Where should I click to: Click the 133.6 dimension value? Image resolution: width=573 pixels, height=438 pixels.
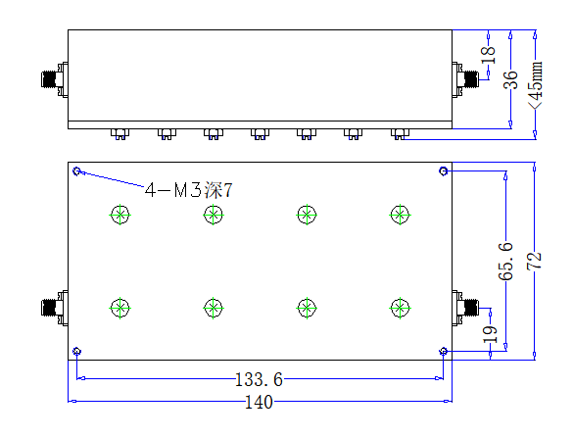pos(259,379)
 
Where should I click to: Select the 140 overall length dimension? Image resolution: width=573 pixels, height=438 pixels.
pos(259,402)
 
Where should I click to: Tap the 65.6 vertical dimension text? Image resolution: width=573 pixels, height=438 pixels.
pos(505,261)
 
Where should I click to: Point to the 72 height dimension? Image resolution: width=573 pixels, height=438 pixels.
pos(534,261)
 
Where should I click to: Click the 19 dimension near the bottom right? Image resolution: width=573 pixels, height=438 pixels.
pos(491,334)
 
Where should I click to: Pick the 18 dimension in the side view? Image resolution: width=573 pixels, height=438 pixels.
pos(488,55)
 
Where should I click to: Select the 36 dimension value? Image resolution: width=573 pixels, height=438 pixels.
pos(511,79)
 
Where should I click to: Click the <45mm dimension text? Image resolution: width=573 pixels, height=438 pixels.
pos(536,85)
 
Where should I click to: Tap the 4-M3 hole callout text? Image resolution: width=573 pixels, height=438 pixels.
pos(189,190)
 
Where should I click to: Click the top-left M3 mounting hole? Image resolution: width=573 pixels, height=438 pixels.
pos(76,170)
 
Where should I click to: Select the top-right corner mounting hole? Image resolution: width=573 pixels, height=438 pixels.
pos(444,170)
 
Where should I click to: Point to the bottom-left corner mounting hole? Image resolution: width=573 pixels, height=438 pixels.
pos(76,352)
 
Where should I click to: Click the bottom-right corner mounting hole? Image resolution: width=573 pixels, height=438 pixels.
pos(444,352)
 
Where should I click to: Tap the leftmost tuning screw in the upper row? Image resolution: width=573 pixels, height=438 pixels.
pos(119,215)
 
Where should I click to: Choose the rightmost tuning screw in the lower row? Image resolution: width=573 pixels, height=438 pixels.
pos(401,308)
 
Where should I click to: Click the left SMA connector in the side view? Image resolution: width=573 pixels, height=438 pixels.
pos(55,79)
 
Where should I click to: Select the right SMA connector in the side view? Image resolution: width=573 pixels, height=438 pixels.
pos(465,79)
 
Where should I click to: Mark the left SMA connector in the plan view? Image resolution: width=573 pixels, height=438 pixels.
pos(55,308)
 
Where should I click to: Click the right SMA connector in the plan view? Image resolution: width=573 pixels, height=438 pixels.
pos(465,308)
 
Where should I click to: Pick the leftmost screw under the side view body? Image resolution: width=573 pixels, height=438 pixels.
pos(119,134)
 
